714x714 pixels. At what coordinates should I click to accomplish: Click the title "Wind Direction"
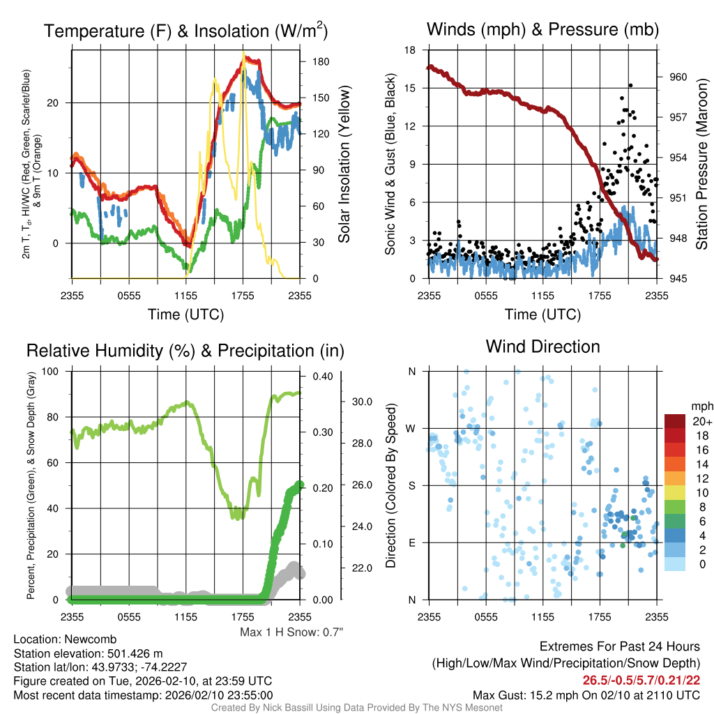(542, 347)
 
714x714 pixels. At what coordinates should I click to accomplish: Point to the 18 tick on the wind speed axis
(411, 50)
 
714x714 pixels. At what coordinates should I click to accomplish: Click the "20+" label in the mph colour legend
(700, 422)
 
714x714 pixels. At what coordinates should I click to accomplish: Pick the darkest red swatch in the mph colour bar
(676, 422)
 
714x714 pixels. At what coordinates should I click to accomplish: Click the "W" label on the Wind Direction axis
(412, 428)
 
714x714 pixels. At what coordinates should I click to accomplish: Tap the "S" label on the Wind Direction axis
(412, 485)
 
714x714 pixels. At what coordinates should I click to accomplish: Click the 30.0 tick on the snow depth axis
(360, 402)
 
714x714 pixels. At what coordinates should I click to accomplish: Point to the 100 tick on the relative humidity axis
(51, 371)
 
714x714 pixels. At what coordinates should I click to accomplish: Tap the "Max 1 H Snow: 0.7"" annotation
(291, 632)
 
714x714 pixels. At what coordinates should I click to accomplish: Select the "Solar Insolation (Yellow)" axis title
(344, 165)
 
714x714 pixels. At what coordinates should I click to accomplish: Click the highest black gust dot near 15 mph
(630, 85)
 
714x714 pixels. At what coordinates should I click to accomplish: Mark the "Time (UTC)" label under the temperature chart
(185, 314)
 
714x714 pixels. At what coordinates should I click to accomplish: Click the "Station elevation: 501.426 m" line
(88, 653)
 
